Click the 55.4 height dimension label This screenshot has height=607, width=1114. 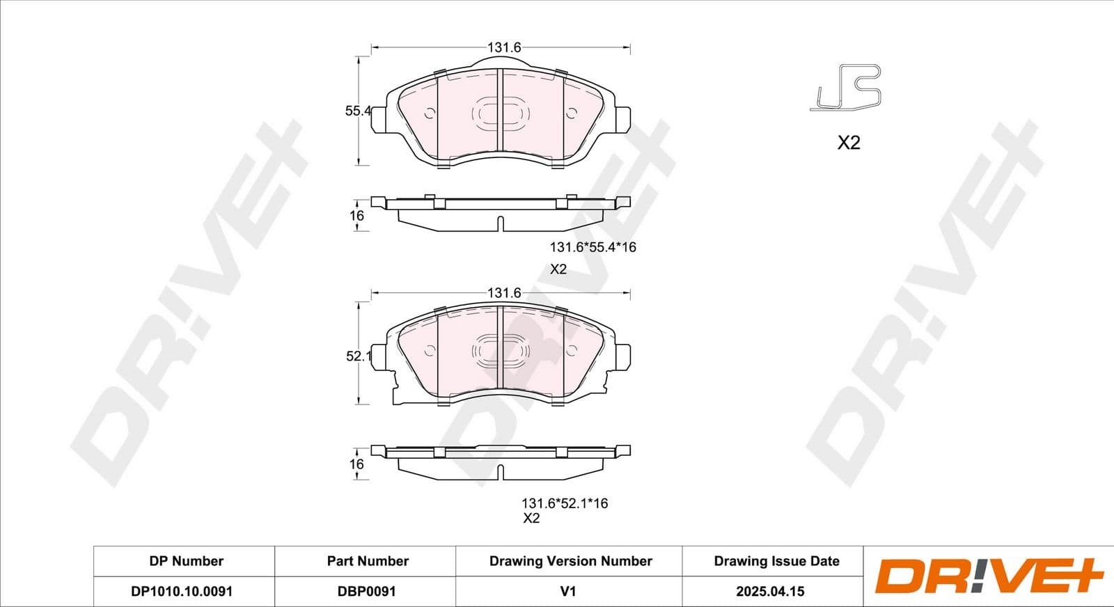tap(358, 111)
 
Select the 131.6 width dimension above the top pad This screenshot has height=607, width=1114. tap(504, 47)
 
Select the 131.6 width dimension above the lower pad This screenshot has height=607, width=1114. tap(504, 293)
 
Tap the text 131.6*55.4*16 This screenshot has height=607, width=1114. tap(593, 247)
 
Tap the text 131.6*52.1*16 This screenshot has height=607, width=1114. tap(565, 503)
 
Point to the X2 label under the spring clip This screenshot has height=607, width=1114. tap(848, 143)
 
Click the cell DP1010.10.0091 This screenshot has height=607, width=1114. tap(182, 591)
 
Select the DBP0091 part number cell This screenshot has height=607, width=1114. tap(366, 591)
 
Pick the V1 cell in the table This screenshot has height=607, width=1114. tap(568, 591)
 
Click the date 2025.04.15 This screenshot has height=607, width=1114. tap(770, 591)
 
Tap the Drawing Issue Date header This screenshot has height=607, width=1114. tap(776, 561)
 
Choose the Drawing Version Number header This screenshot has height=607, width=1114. tap(570, 561)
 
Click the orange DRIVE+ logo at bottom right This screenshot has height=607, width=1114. tap(989, 576)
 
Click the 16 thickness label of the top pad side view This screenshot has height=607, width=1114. tap(356, 216)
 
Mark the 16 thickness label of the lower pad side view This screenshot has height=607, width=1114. tap(356, 464)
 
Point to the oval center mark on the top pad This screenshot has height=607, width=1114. tap(501, 113)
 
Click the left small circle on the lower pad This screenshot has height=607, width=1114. tap(430, 351)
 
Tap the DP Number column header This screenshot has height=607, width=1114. tap(186, 561)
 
